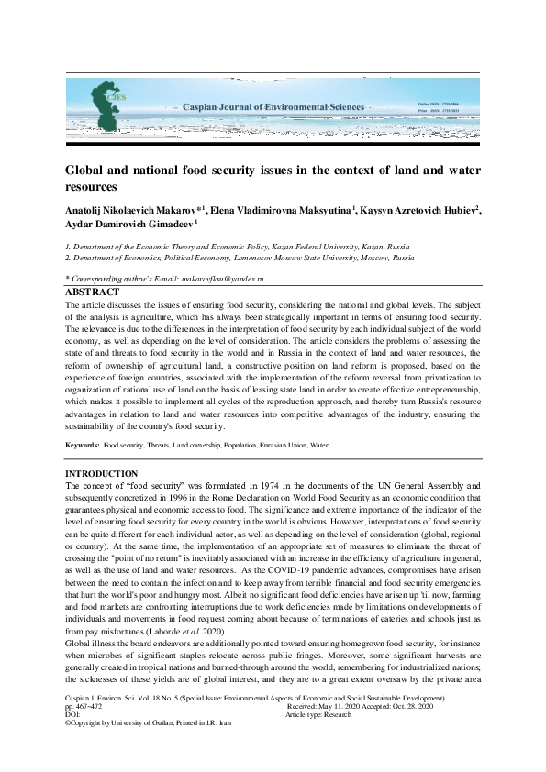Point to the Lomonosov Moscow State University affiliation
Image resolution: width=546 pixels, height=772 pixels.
click(239, 259)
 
